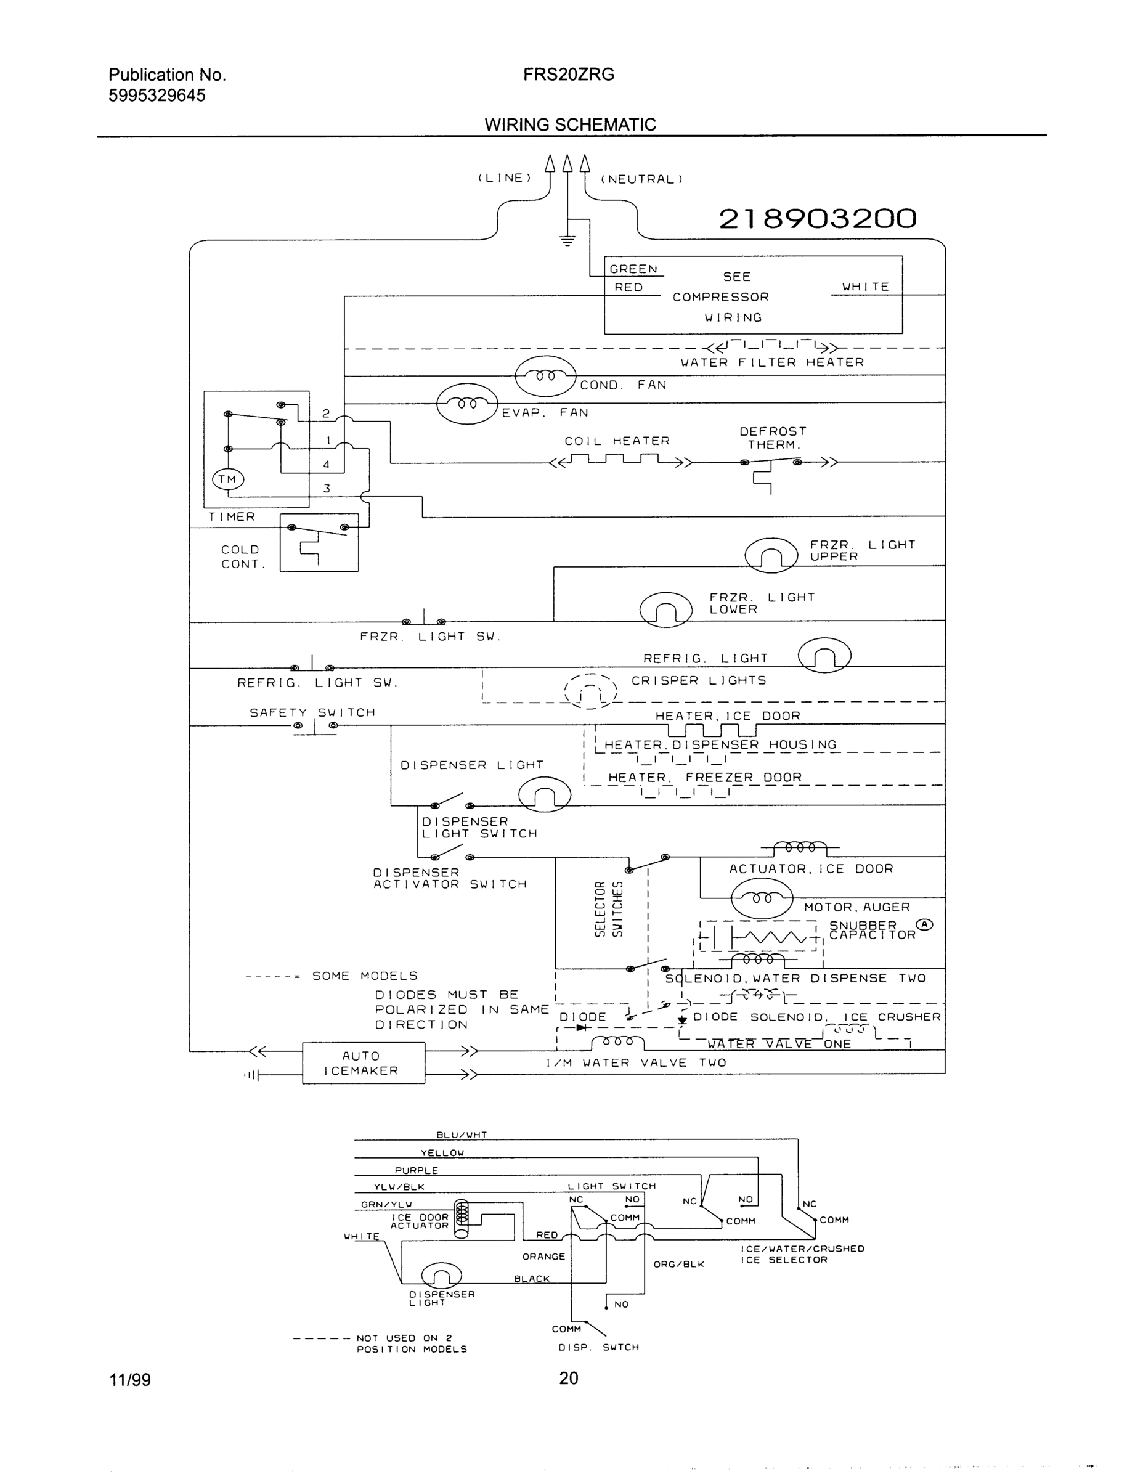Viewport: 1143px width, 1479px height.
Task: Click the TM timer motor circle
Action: [x=227, y=479]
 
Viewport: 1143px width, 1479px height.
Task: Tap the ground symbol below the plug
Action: [x=567, y=239]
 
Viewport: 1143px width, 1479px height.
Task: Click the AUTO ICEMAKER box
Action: [x=363, y=1063]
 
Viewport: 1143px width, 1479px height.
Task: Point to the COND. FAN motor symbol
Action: [x=545, y=376]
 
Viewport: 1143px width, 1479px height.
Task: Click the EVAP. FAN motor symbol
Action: [x=467, y=404]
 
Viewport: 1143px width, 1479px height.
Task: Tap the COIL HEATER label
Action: [x=617, y=441]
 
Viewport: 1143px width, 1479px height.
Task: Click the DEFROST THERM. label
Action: [x=773, y=438]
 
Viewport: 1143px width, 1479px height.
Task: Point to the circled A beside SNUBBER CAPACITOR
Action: [x=924, y=925]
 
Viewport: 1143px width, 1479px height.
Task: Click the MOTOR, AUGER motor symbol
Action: [x=761, y=899]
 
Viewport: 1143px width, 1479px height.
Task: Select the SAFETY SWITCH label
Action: [x=312, y=712]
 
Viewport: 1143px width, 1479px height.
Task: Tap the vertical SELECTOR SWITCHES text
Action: [x=608, y=910]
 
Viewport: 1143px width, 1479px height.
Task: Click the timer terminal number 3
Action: [x=327, y=488]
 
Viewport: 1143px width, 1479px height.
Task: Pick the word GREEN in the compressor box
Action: [x=633, y=269]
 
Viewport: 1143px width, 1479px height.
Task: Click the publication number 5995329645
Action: [x=157, y=96]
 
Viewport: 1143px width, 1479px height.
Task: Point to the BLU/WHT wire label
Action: [x=462, y=1135]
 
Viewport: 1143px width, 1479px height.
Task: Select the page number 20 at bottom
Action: [x=568, y=1378]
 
